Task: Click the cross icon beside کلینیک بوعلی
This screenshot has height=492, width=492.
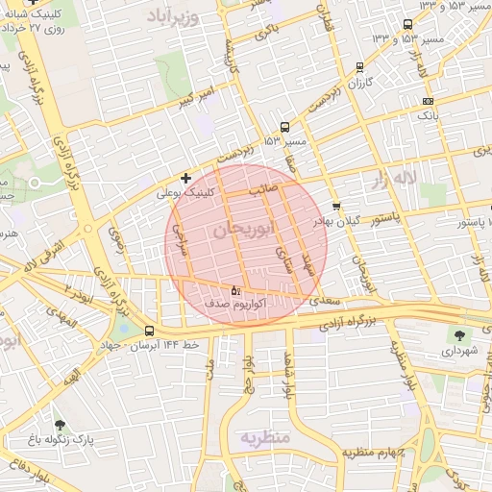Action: pyautogui.click(x=186, y=178)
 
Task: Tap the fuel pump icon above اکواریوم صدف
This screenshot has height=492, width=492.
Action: pyautogui.click(x=236, y=289)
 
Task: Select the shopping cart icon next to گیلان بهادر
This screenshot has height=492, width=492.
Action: pyautogui.click(x=335, y=206)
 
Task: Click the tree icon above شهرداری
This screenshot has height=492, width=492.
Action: pyautogui.click(x=457, y=334)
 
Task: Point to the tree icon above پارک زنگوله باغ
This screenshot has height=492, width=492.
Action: pyautogui.click(x=61, y=425)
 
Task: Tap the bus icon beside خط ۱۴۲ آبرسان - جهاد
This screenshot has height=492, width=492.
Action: pyautogui.click(x=149, y=331)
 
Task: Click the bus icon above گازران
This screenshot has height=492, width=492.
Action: pyautogui.click(x=359, y=67)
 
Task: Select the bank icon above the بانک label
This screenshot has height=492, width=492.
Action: pyautogui.click(x=428, y=100)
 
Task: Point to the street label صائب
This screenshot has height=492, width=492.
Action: pyautogui.click(x=263, y=190)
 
